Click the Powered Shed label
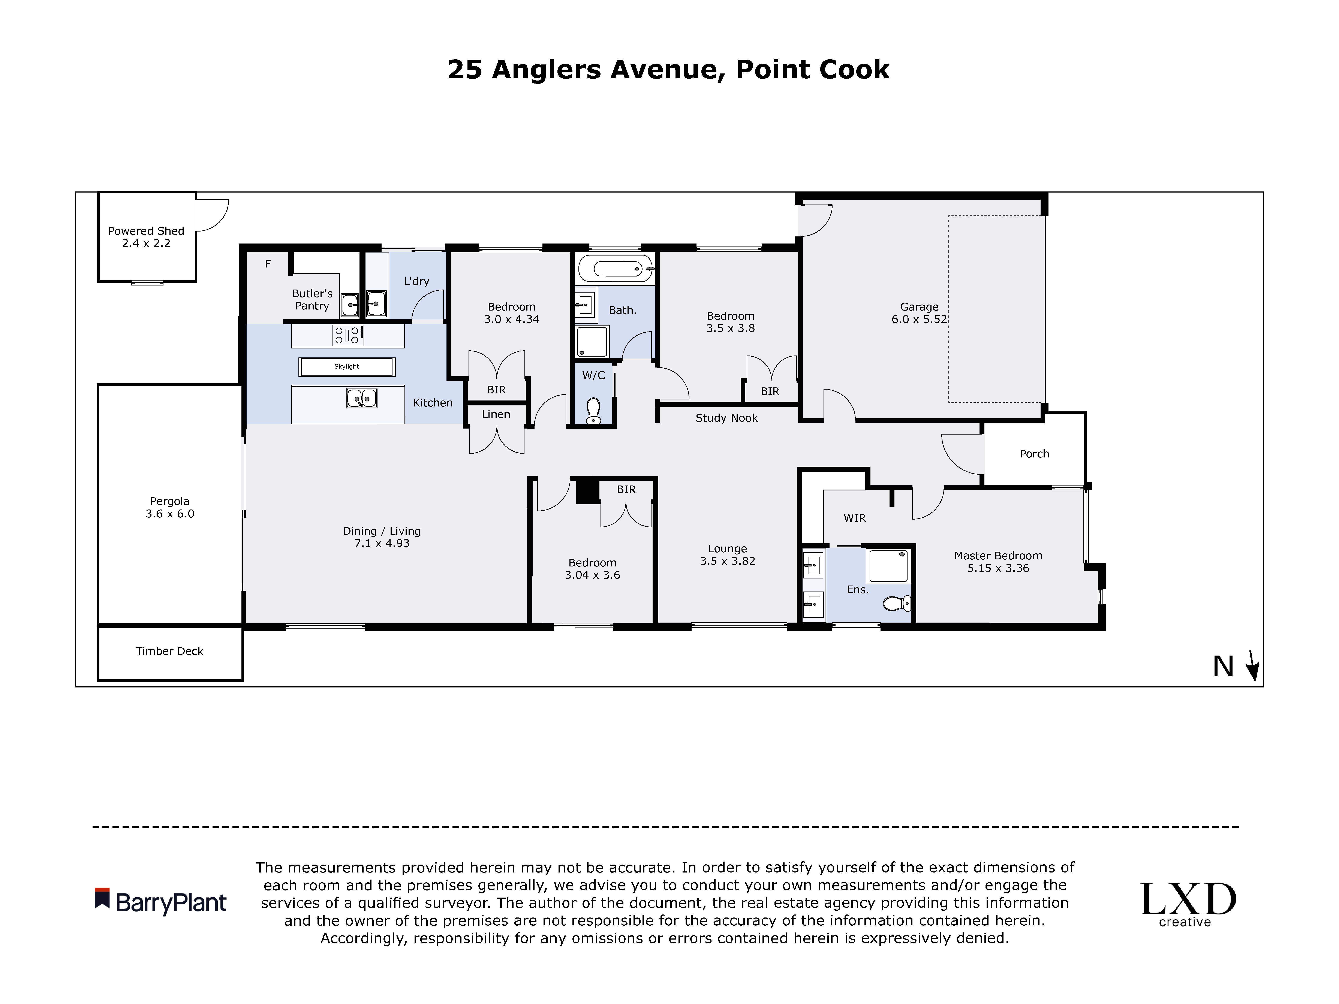pos(146,231)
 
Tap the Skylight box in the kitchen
pos(347,367)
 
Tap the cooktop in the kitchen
pos(348,335)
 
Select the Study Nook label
pos(726,418)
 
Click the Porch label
pos(1034,454)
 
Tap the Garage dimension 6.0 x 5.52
pos(919,320)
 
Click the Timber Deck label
pos(169,651)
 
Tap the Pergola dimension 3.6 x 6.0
pos(169,514)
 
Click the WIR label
pos(855,518)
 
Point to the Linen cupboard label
pos(496,415)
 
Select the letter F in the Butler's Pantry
pos(268,264)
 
